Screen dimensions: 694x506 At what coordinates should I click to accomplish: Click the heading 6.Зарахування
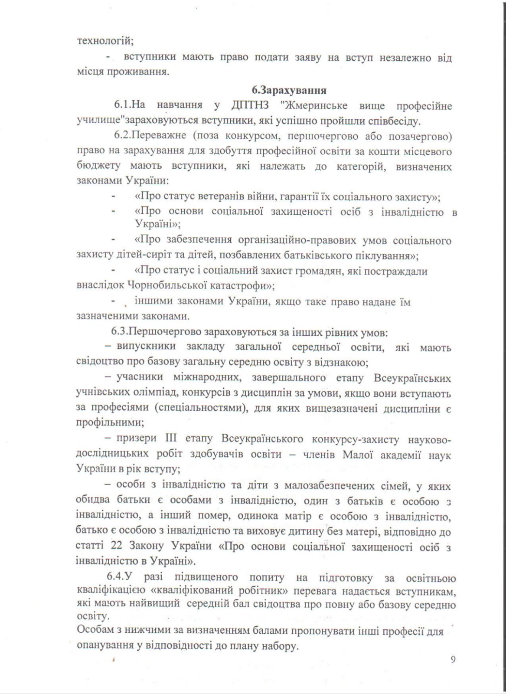pos(289,91)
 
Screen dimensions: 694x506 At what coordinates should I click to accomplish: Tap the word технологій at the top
pos(104,41)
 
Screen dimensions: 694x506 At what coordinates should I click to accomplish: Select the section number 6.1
pos(123,105)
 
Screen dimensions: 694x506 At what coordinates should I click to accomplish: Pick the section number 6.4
pos(116,577)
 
